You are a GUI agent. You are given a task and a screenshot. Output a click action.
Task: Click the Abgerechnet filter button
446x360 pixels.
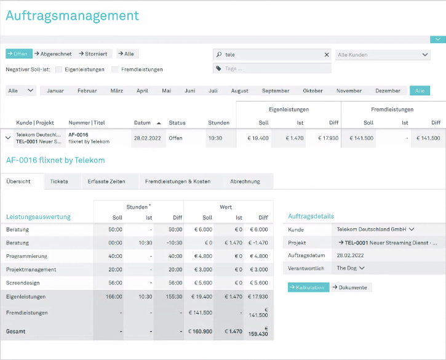click(53, 54)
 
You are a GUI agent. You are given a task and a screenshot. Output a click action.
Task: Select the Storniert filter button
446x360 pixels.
click(93, 54)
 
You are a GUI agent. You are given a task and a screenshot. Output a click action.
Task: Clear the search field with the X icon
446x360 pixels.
click(327, 55)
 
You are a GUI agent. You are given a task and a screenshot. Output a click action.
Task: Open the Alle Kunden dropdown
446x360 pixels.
click(383, 55)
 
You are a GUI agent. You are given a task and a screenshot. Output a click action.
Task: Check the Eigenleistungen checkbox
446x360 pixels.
click(59, 70)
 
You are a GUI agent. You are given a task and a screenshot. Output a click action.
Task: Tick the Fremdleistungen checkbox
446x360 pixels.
click(115, 70)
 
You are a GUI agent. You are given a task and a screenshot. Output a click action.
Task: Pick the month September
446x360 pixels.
click(276, 91)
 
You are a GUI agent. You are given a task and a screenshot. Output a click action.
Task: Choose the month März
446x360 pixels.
click(117, 91)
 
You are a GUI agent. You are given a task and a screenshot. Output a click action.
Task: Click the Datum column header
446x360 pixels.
click(142, 122)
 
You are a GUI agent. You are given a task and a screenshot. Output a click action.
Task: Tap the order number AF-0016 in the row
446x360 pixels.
click(78, 135)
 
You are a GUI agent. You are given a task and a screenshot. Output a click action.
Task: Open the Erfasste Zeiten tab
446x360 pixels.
click(106, 182)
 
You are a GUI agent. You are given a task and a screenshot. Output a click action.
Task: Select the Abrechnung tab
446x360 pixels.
click(245, 182)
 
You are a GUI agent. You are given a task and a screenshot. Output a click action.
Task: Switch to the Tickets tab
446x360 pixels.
click(59, 182)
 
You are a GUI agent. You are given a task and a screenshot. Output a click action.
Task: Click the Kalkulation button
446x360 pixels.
click(309, 287)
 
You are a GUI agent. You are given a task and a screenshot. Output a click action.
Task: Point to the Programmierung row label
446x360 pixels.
click(26, 256)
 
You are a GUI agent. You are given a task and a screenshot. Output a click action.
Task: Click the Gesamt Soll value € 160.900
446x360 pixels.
click(201, 331)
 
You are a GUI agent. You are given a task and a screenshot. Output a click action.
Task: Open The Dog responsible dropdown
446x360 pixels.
click(351, 268)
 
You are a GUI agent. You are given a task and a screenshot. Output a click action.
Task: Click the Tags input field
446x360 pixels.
click(272, 68)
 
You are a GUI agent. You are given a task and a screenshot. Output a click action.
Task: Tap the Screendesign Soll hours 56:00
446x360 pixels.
click(115, 283)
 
